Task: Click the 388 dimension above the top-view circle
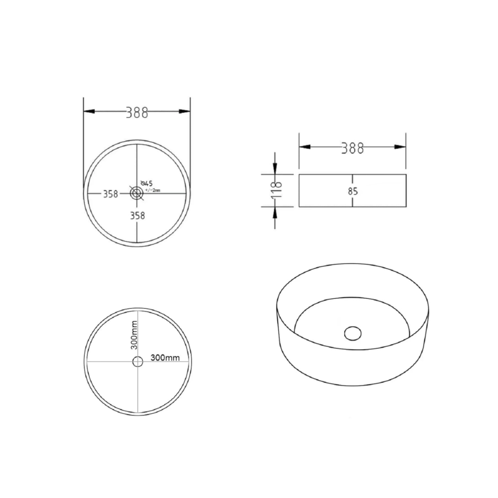tap(137, 112)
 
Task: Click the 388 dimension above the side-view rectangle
tap(352, 148)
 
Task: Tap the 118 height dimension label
tap(277, 190)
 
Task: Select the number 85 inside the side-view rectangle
tap(353, 191)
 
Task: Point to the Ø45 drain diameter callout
tap(147, 183)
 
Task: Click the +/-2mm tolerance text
tap(152, 190)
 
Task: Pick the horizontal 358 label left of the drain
tap(110, 194)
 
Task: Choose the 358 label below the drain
tap(137, 216)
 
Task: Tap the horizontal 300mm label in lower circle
tap(165, 358)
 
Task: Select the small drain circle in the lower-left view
tap(138, 362)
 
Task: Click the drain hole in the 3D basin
tap(352, 333)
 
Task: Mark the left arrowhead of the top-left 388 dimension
tap(89, 112)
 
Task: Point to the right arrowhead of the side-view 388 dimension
tap(401, 147)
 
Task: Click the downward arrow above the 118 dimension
tap(275, 167)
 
